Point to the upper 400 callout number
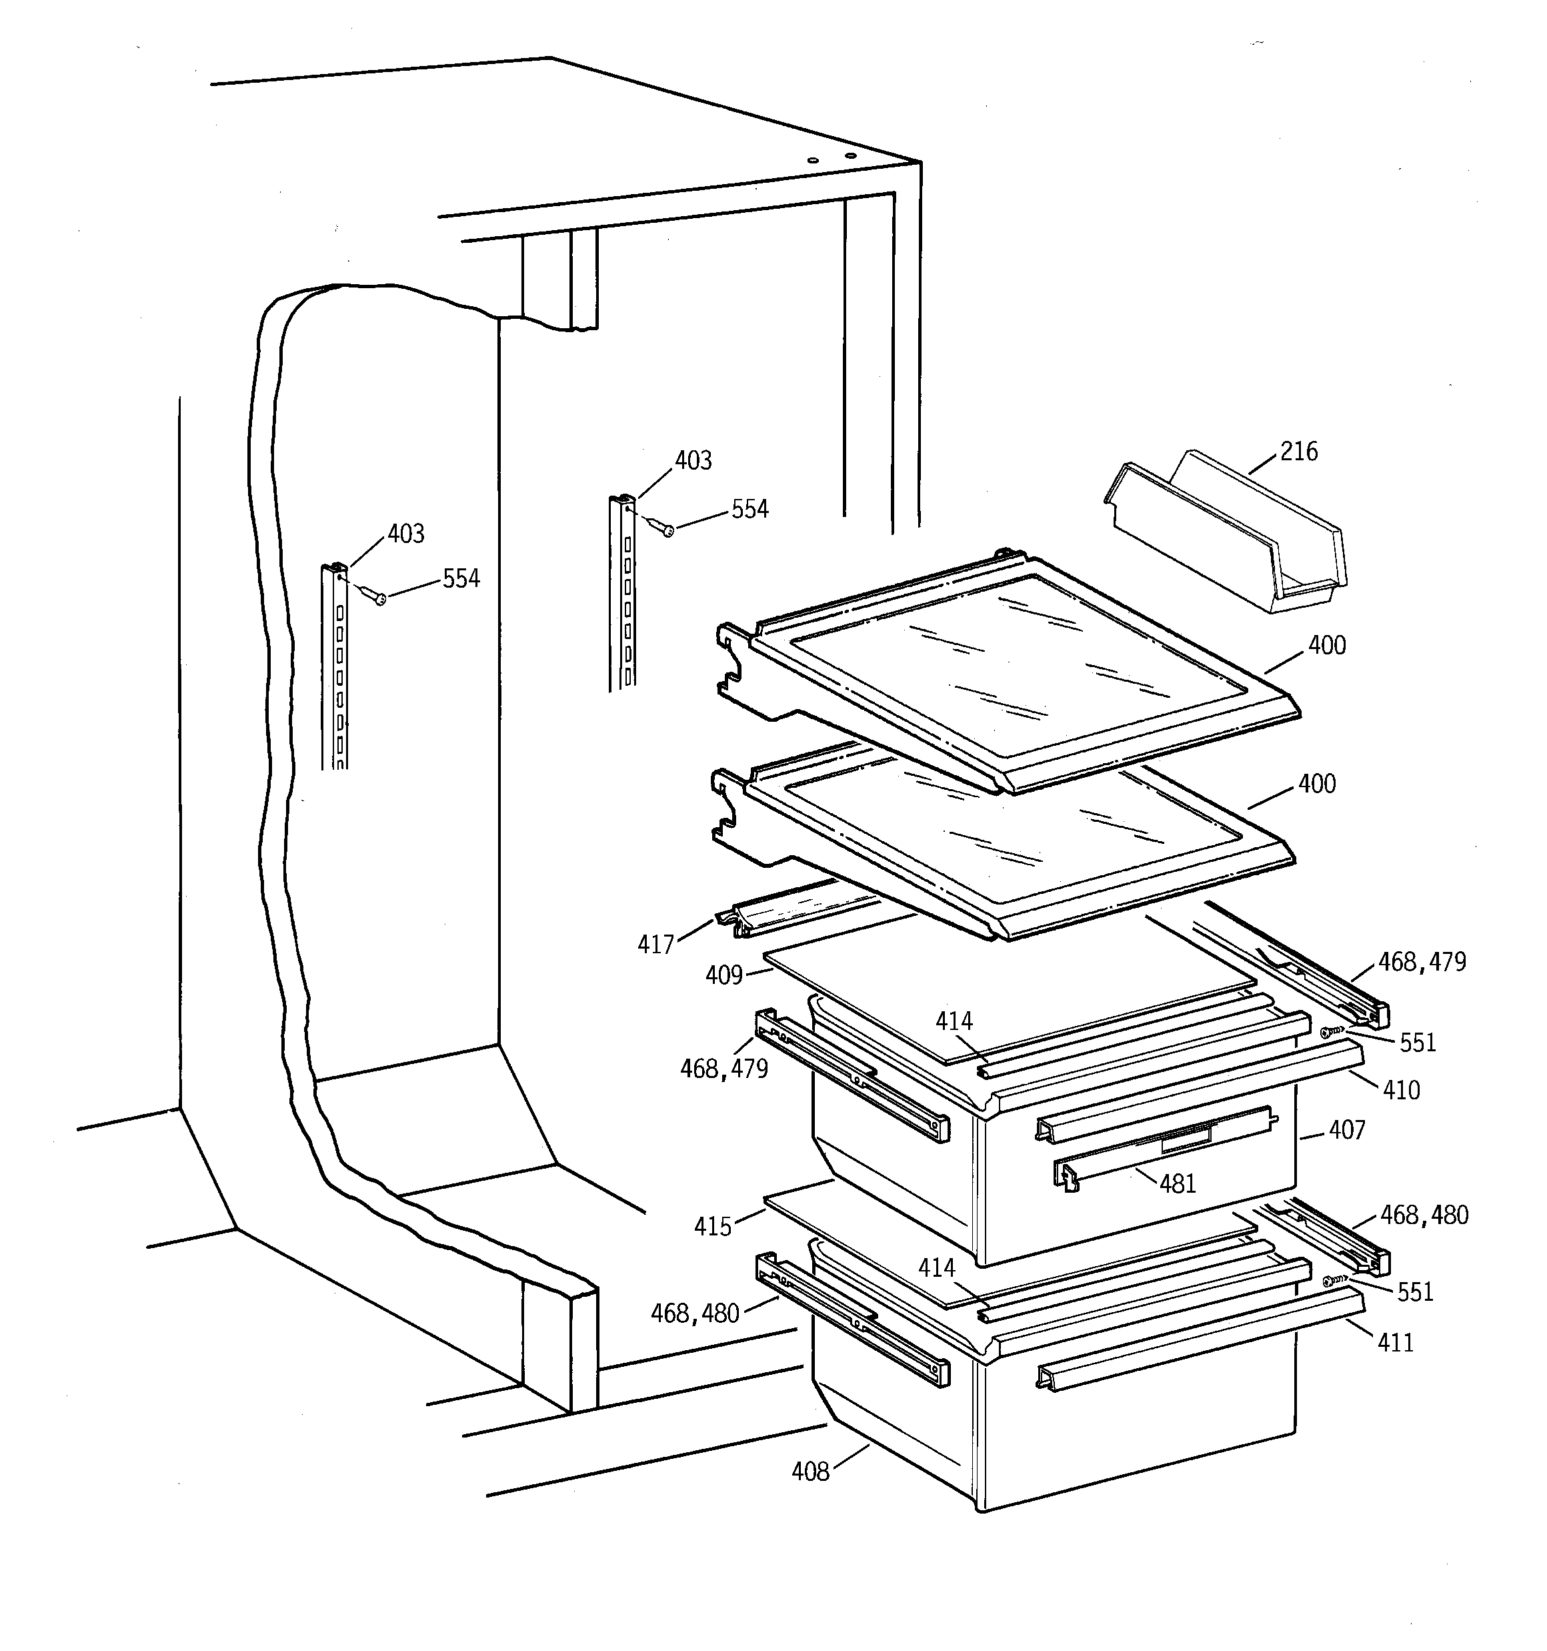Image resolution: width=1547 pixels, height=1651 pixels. point(1326,645)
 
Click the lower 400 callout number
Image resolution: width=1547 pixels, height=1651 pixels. point(1316,784)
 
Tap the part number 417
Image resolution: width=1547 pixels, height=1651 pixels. point(655,945)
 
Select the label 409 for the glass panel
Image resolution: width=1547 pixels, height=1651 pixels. point(723,975)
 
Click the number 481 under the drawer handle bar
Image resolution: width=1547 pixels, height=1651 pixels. point(1177,1183)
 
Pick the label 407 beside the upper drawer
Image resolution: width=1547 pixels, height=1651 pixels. point(1346,1129)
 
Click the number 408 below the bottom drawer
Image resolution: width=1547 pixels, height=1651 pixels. point(810,1472)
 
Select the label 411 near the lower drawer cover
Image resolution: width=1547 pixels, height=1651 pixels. point(1395,1342)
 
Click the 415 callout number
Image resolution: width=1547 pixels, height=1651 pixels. point(712,1226)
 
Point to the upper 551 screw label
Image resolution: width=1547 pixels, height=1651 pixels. point(1418,1042)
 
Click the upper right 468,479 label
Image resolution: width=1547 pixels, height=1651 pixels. point(1422,962)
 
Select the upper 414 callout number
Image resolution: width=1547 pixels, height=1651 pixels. point(954,1021)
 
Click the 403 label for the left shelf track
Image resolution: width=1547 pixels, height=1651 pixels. point(405,534)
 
